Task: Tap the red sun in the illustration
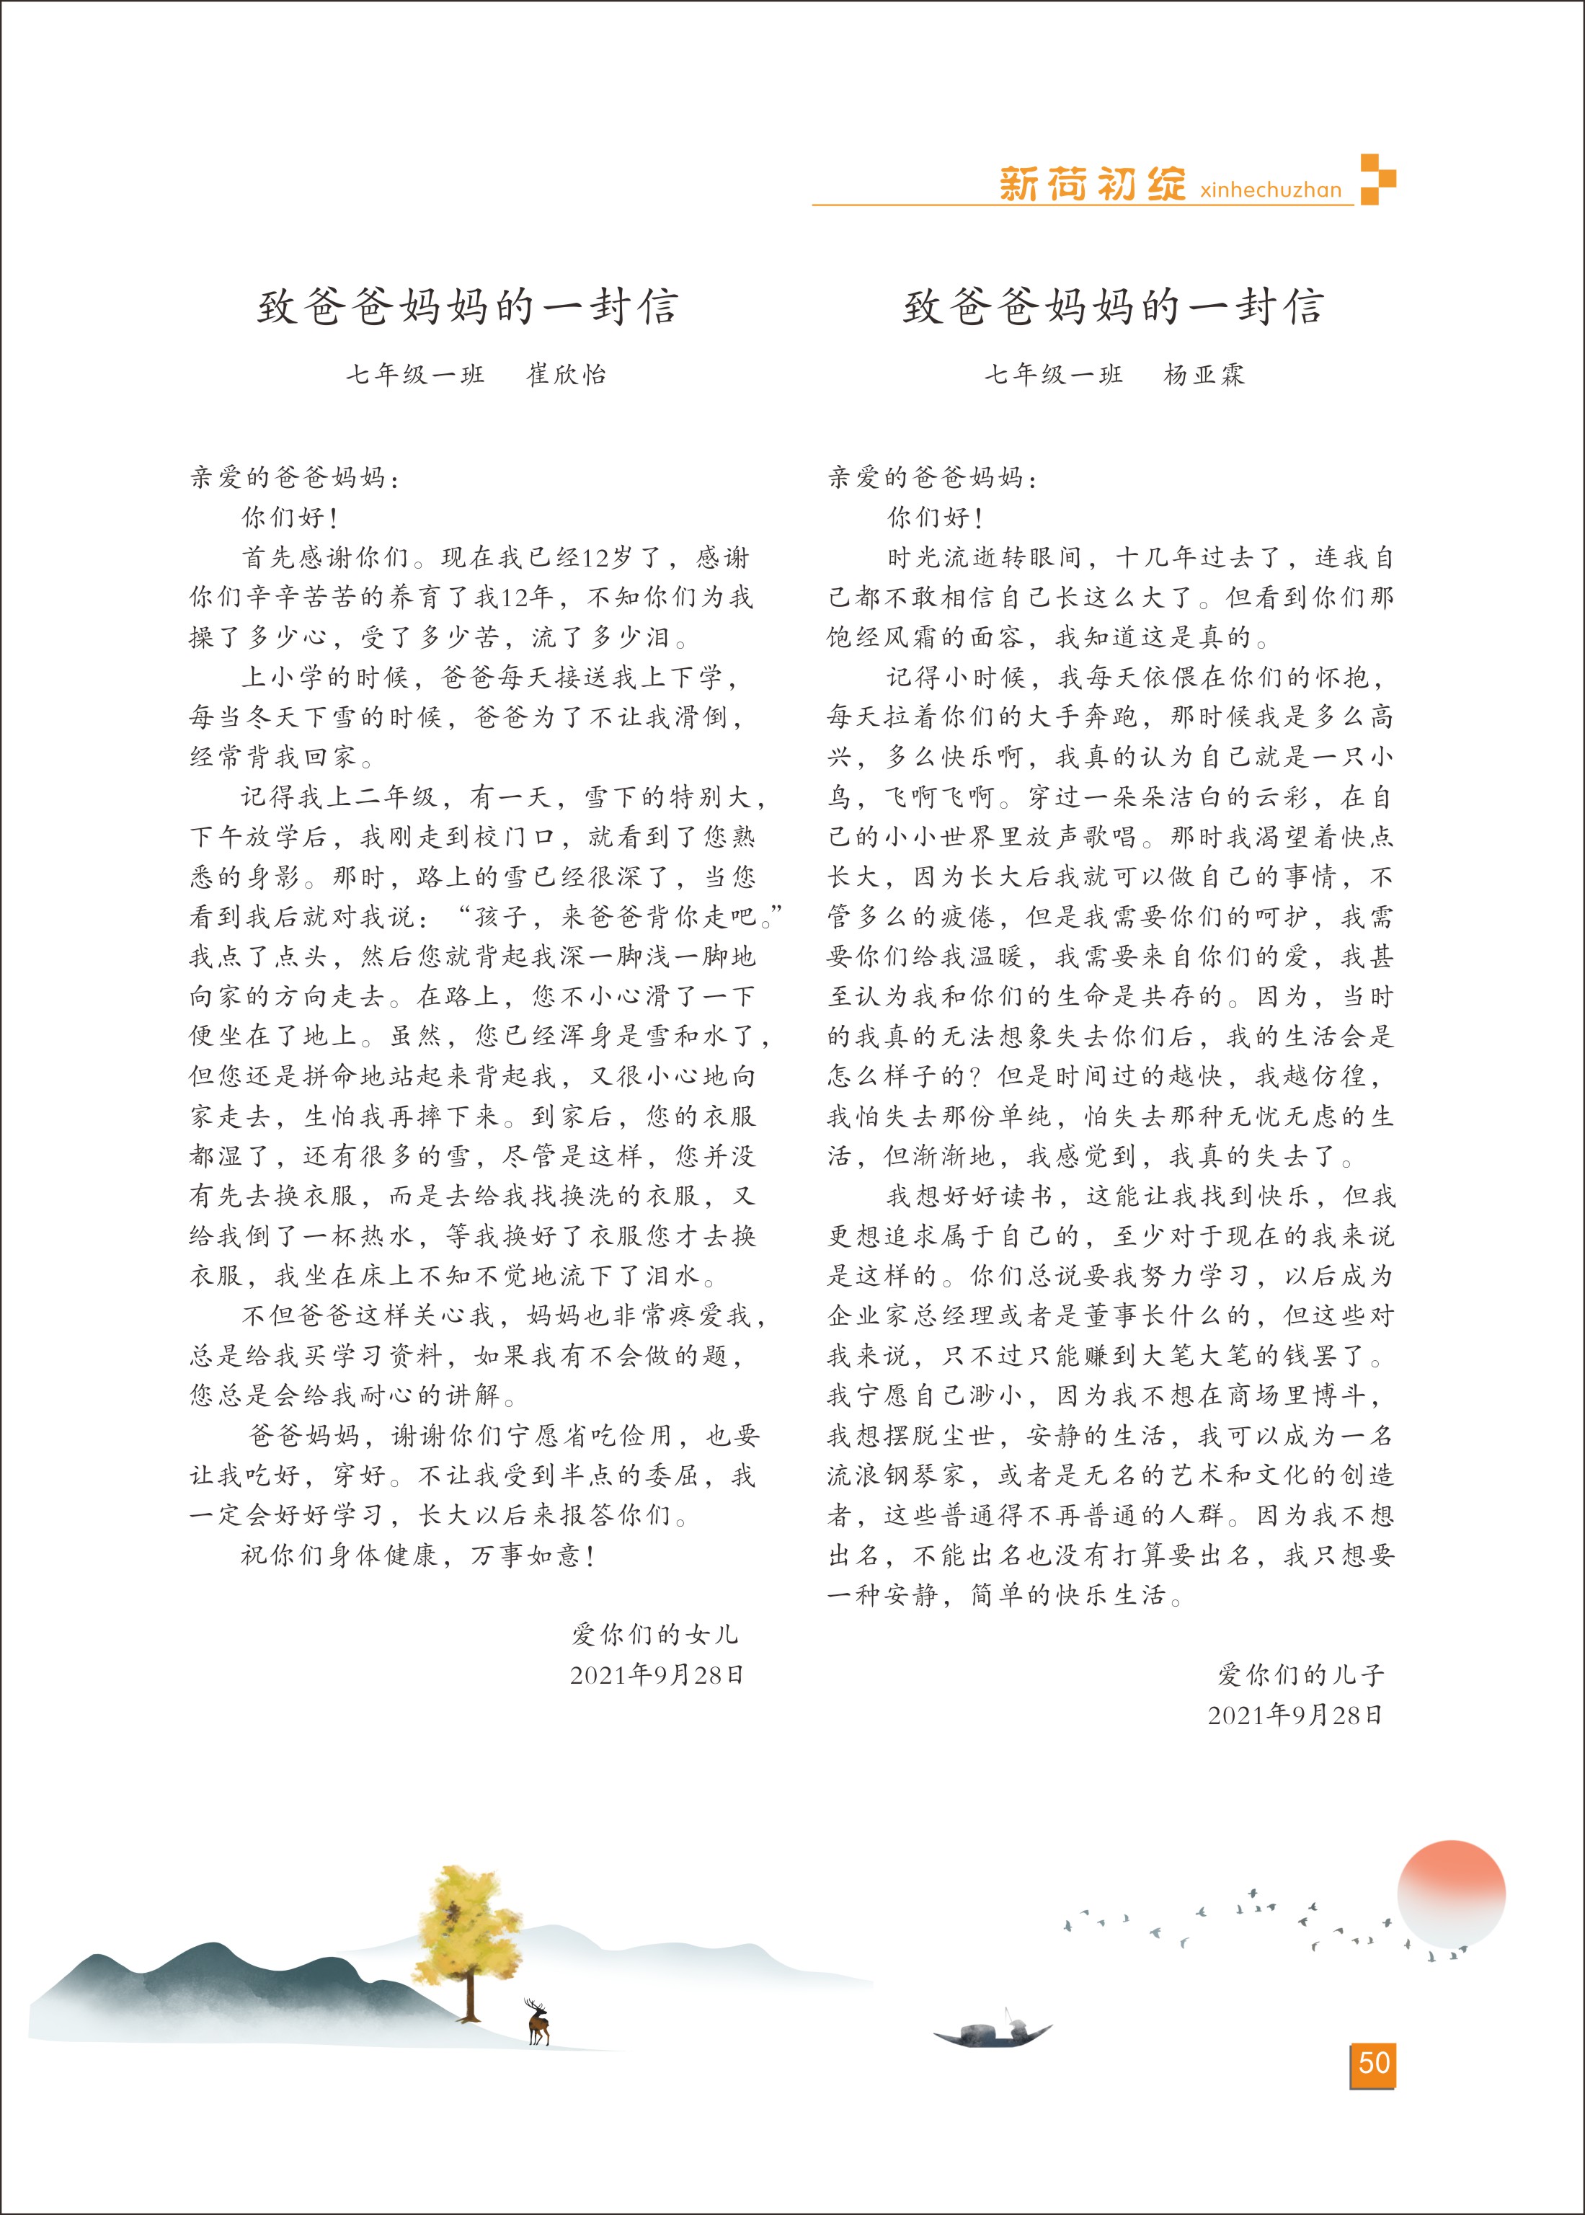coord(1451,1893)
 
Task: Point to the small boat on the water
coord(993,2030)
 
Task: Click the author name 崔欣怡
coord(567,375)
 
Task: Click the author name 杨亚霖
coord(1204,375)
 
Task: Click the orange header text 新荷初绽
coord(1092,184)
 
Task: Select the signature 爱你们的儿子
coord(1300,1675)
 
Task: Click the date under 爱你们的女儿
coord(657,1674)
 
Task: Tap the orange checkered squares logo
coord(1377,179)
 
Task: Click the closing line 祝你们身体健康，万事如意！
coord(419,1555)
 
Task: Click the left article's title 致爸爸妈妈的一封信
coord(468,306)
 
